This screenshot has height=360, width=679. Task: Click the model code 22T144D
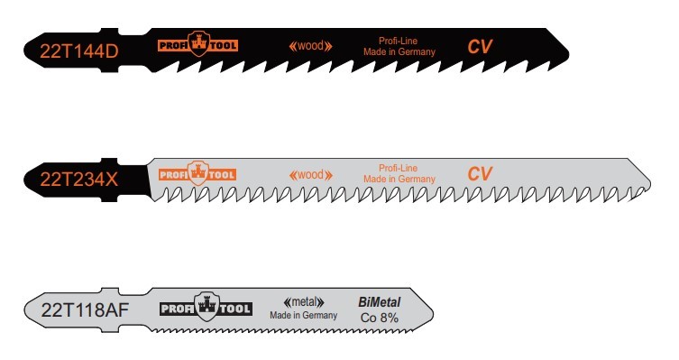[x=78, y=51]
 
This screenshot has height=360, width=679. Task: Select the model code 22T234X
[x=78, y=179]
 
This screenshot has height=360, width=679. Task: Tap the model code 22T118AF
[x=85, y=309]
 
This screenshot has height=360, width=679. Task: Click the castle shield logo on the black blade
[x=198, y=43]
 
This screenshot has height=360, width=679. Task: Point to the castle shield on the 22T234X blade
[x=198, y=173]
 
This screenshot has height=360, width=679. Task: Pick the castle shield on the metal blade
[x=206, y=307]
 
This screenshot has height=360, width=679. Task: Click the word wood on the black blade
[x=311, y=45]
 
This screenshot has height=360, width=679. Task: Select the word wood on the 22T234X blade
[x=311, y=174]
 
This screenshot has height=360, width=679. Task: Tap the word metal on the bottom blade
[x=304, y=301]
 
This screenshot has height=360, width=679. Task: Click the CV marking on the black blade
[x=480, y=47]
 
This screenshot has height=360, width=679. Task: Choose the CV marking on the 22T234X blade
[x=480, y=174]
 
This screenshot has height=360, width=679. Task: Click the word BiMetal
[x=380, y=302]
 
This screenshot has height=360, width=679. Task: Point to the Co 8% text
[x=380, y=318]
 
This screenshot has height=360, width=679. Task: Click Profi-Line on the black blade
[x=399, y=41]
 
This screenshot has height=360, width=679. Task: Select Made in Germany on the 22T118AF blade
[x=304, y=315]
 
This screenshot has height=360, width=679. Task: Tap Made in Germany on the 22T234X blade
[x=399, y=179]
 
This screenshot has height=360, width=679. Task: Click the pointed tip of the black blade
[x=568, y=53]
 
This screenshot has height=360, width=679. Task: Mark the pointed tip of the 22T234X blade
[x=649, y=183]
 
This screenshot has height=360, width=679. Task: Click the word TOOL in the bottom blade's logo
[x=235, y=309]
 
